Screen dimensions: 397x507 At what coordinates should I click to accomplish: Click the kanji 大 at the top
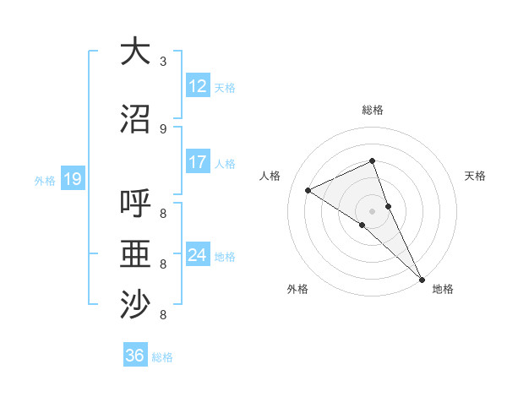click(x=135, y=52)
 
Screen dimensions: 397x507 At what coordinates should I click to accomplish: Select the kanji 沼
click(x=135, y=119)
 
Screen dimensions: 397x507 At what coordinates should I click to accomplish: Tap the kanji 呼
click(x=135, y=205)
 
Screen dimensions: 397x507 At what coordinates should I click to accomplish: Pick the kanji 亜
click(x=135, y=255)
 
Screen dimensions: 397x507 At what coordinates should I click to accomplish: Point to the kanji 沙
click(x=135, y=305)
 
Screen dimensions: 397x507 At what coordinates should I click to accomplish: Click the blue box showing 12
click(x=198, y=86)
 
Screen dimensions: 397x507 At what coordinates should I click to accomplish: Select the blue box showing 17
click(x=198, y=162)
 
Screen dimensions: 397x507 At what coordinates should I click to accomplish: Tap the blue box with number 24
click(x=198, y=255)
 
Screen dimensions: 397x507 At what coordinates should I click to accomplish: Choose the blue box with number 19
click(x=72, y=179)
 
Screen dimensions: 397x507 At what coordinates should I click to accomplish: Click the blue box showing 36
click(x=135, y=356)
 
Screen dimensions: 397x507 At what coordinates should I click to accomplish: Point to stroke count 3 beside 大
click(x=163, y=61)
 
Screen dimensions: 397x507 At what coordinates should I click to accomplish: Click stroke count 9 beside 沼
click(x=163, y=128)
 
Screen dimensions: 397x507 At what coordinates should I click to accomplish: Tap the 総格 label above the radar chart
click(x=372, y=110)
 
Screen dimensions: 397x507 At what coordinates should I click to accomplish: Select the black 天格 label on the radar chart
click(x=475, y=176)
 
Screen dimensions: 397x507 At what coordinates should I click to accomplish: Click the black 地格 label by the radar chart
click(x=443, y=289)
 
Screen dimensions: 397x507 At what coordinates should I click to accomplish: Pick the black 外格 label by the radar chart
click(x=297, y=289)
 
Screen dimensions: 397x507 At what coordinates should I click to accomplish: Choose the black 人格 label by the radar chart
click(x=270, y=176)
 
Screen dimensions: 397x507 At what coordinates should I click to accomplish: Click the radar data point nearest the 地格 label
click(x=422, y=279)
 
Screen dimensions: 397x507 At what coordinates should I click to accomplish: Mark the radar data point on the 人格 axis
click(x=308, y=190)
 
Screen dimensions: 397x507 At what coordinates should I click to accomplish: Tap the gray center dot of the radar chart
click(x=372, y=210)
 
